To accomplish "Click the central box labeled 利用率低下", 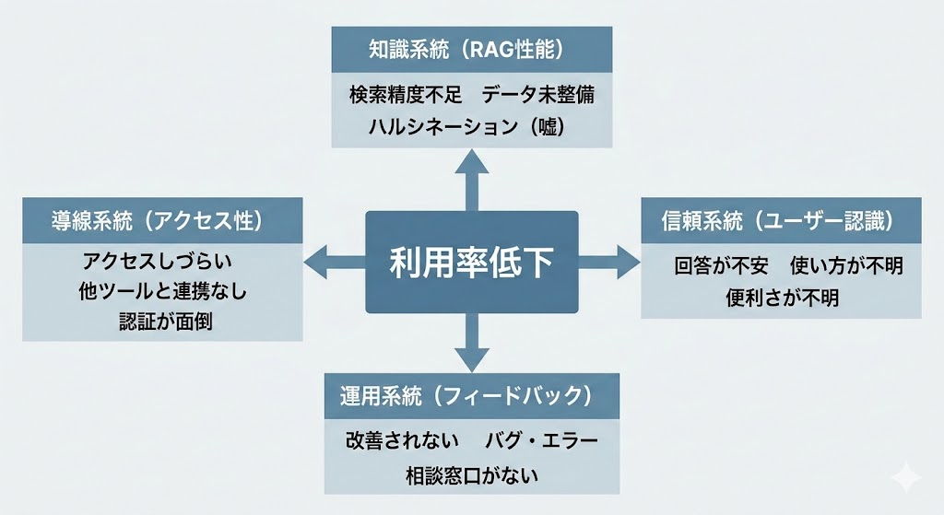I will coord(471,263).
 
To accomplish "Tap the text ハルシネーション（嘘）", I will coord(471,127).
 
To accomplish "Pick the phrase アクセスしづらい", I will coord(163,262).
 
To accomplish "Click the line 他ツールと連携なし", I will coord(163,292).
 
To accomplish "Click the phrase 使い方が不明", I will coord(846,266).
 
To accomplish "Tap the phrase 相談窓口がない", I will coord(471,475).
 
